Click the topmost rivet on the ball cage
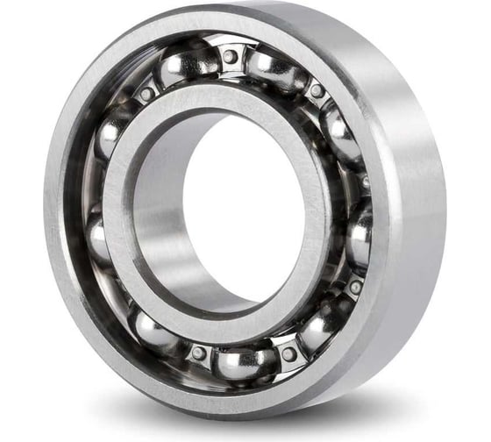point(230,56)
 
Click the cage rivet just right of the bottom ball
point(288,354)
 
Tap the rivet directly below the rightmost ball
point(355,287)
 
